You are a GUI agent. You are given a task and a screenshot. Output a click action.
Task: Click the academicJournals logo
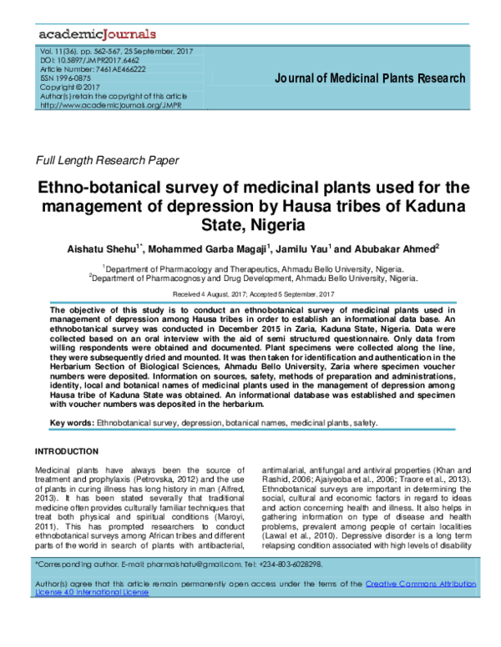click(97, 34)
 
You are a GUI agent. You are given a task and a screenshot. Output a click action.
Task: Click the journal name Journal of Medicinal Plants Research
click(370, 79)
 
